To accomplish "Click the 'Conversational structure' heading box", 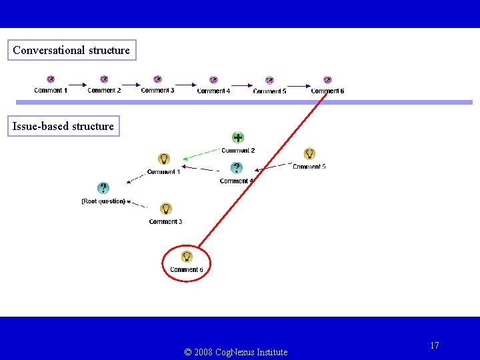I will (x=71, y=50).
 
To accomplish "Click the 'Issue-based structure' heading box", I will (x=63, y=126).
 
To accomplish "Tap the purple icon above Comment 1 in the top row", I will (x=51, y=79).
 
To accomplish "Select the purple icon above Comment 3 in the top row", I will (x=157, y=79).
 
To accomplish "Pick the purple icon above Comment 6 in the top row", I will (x=327, y=80).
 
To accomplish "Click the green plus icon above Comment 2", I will (x=237, y=137).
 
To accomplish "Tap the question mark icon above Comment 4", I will (x=236, y=168).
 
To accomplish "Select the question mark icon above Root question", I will (x=103, y=189).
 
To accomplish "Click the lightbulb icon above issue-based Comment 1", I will (x=163, y=159).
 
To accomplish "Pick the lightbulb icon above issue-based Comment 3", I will (x=166, y=209).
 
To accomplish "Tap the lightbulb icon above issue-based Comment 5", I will (x=309, y=153).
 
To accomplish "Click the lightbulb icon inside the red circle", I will (x=187, y=256).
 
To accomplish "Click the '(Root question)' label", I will (x=103, y=201).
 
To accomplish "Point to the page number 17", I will (x=435, y=345).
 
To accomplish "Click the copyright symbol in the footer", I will (x=187, y=352).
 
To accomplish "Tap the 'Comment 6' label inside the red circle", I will (x=186, y=270).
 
